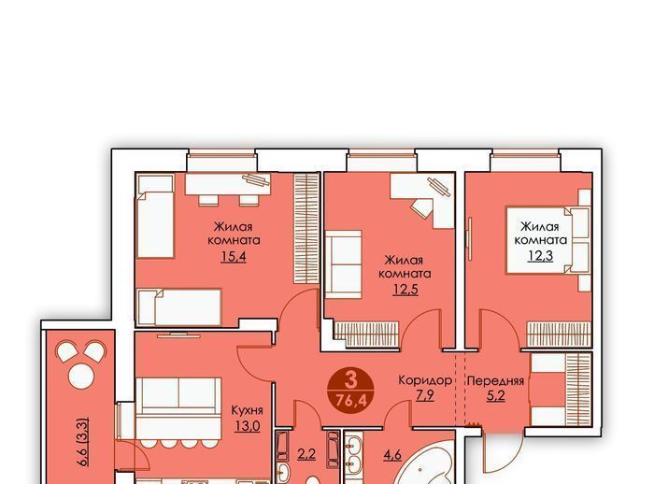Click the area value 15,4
point(234,256)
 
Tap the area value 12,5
point(405,289)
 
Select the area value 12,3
point(541,255)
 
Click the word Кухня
point(247,410)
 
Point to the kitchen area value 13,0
point(247,426)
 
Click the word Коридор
point(425,380)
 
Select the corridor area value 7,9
point(425,394)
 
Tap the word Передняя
point(495,381)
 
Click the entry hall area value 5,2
point(496,394)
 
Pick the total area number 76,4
point(351,401)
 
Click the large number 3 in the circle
point(351,380)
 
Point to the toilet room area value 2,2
point(306,453)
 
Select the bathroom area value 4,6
point(392,454)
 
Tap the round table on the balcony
point(81,376)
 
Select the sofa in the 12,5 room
point(343,264)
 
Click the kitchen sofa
point(178,407)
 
